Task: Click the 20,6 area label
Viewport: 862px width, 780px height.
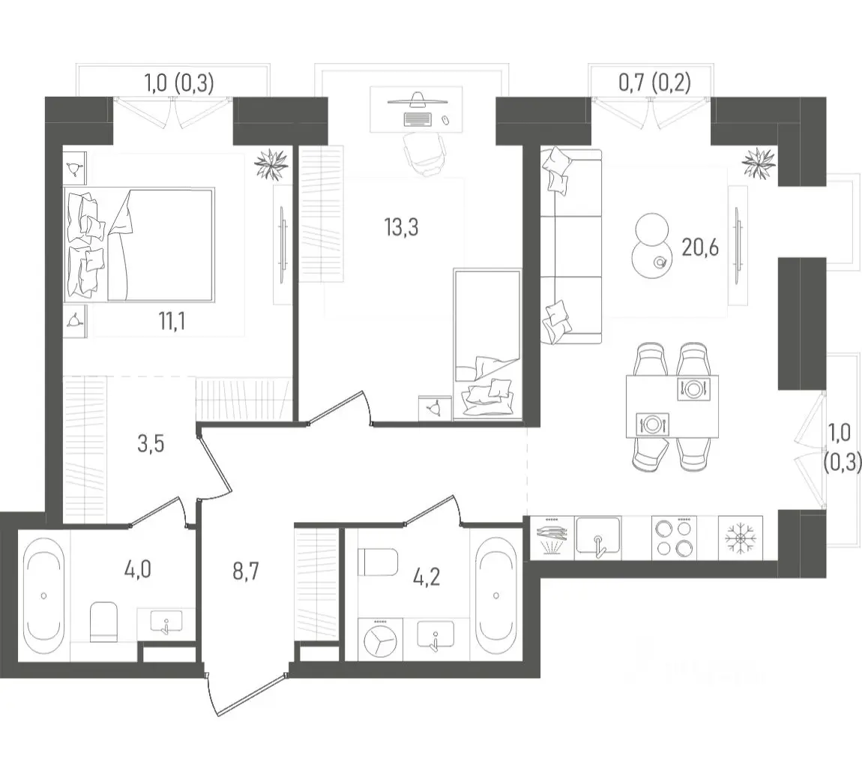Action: click(x=700, y=248)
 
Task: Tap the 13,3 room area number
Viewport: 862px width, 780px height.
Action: click(x=401, y=226)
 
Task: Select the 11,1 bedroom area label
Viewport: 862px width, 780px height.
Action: click(x=172, y=322)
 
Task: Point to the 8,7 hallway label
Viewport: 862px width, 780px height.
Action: click(x=246, y=571)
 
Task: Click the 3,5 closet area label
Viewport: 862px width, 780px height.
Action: click(x=151, y=443)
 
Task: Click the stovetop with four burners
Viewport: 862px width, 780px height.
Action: click(x=674, y=538)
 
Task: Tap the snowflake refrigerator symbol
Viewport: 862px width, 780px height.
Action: click(x=740, y=538)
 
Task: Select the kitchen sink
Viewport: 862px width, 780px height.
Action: click(x=597, y=538)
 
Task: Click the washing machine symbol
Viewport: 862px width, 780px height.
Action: click(x=380, y=639)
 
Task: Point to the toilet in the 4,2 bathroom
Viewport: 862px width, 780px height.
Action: click(x=377, y=562)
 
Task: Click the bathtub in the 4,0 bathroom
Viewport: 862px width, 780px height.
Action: click(x=43, y=595)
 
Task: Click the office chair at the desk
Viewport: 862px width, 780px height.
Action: click(x=424, y=154)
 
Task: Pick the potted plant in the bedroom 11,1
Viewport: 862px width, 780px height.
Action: click(x=271, y=164)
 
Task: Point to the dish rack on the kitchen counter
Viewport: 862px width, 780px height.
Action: click(x=552, y=538)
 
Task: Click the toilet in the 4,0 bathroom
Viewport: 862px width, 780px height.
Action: click(x=103, y=622)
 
